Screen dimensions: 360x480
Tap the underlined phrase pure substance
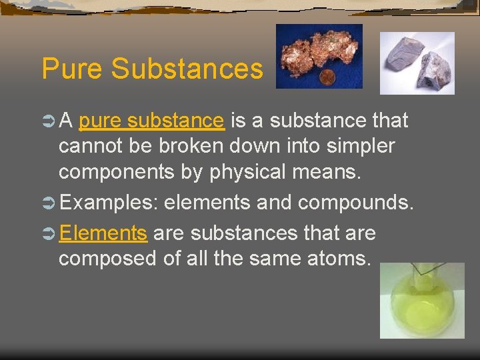click(151, 121)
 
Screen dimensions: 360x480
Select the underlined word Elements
click(103, 233)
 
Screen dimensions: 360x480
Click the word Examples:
click(109, 203)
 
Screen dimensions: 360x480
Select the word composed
click(107, 258)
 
